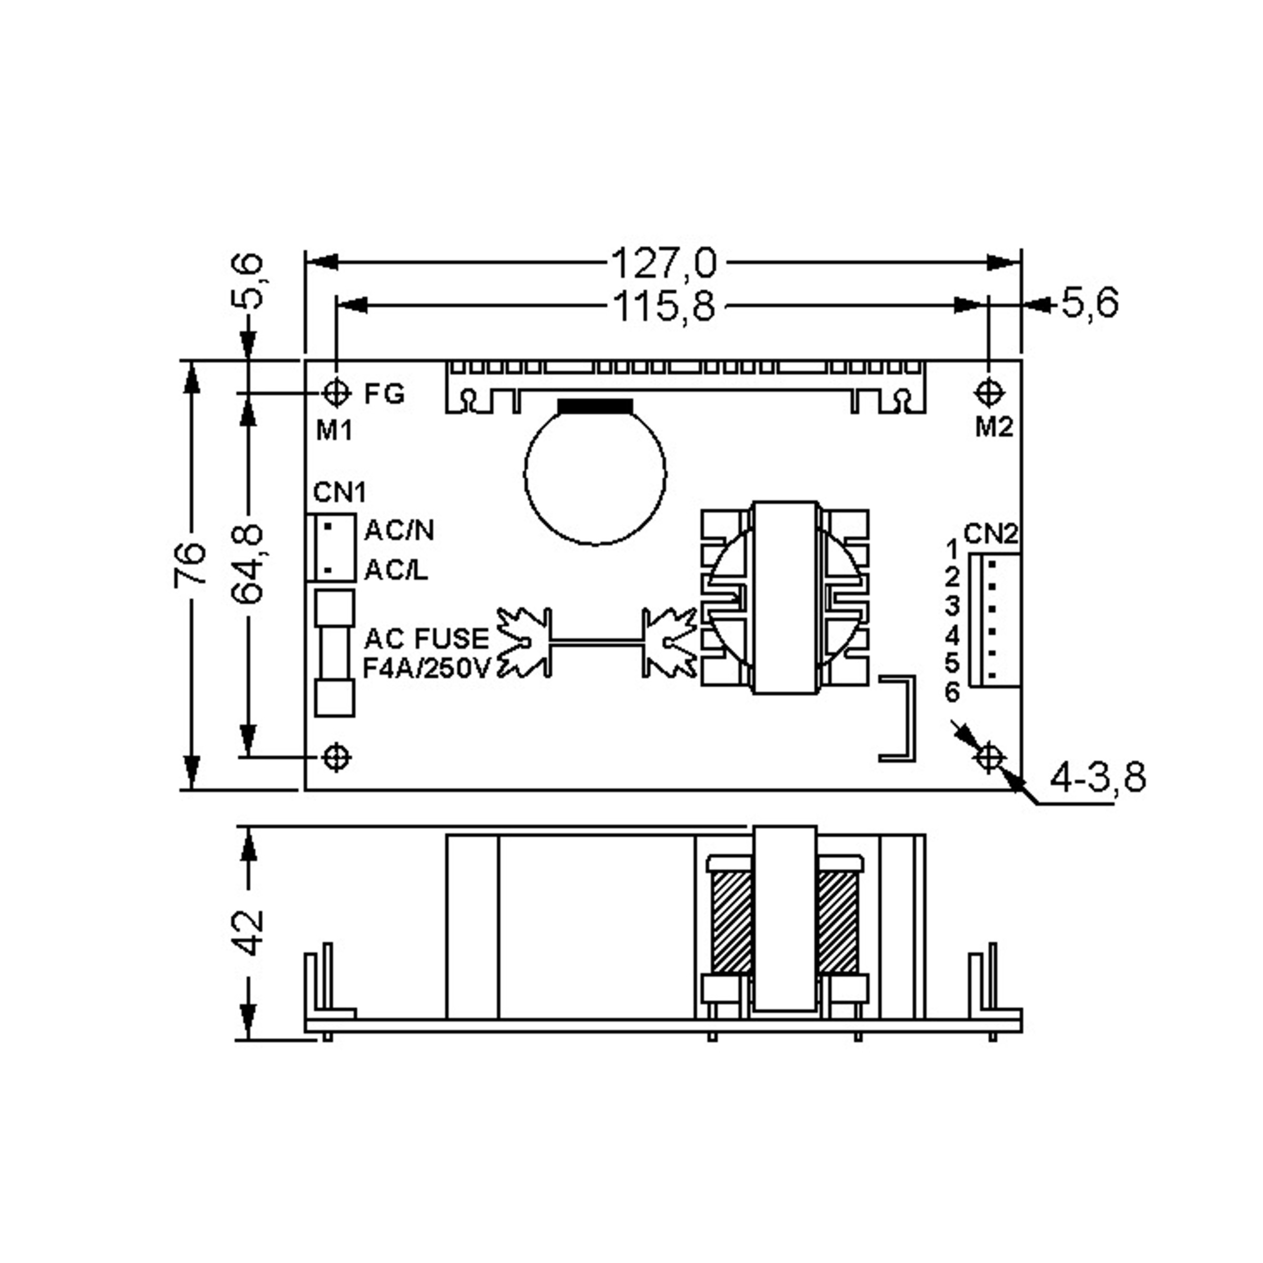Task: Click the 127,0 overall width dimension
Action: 664,263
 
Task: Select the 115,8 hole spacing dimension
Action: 664,306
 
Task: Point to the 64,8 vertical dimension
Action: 248,564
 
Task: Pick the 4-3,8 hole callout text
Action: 1098,778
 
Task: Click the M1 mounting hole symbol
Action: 337,393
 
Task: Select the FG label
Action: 384,394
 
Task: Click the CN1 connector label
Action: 339,492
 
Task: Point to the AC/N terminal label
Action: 399,530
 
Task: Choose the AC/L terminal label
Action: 396,570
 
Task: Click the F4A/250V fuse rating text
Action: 426,669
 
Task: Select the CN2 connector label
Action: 991,534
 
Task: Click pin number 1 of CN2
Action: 952,548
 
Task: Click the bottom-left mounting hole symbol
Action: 337,758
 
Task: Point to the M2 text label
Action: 994,427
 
